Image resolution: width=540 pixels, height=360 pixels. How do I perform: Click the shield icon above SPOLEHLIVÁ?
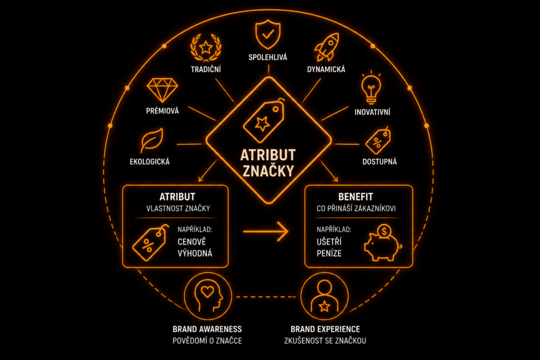point(268,34)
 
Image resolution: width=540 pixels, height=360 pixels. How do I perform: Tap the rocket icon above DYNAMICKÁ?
point(326,47)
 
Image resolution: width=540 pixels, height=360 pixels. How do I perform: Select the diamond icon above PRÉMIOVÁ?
point(162,90)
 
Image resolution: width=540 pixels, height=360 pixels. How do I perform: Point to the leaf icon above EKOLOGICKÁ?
point(151,140)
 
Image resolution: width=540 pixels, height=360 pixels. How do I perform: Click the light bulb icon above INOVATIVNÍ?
point(371,88)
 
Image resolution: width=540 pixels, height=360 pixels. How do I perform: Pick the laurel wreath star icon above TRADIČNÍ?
point(206,47)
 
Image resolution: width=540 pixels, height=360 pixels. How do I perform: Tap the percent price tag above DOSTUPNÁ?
point(378,140)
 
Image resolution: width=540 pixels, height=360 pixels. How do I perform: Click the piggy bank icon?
point(382,245)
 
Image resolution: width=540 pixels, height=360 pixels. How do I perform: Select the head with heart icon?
point(208,296)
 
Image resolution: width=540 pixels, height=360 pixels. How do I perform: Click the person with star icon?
point(324,296)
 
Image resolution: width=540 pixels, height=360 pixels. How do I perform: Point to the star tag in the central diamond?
point(264,121)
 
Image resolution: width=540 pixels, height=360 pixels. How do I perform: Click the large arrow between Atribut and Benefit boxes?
point(266,231)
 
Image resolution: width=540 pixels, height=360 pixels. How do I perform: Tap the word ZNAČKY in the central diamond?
point(268,171)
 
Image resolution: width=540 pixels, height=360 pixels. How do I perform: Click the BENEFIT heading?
point(355,197)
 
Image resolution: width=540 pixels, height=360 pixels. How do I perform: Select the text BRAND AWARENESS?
point(207,329)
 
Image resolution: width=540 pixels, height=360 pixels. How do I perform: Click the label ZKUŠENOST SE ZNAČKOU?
point(325,340)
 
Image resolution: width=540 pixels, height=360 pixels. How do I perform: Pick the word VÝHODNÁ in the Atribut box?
point(195,254)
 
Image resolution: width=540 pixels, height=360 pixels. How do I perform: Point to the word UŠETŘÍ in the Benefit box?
point(329,241)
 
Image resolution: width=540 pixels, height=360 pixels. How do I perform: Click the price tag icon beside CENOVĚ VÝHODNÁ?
point(151,242)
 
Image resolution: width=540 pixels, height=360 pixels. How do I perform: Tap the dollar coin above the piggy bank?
point(384,231)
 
